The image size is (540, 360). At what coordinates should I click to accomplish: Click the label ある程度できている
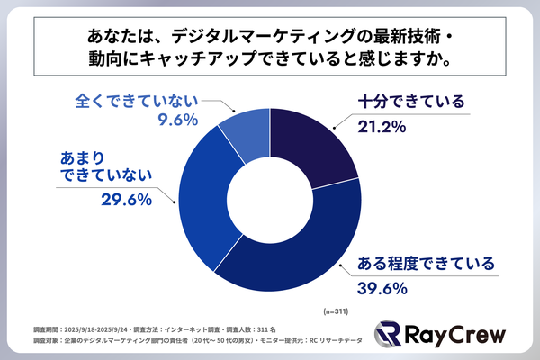point(427,265)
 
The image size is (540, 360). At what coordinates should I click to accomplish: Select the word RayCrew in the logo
point(451,335)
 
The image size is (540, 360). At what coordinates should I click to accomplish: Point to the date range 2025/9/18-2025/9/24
point(98,329)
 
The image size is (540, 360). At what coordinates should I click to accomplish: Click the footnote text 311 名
point(269,329)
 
